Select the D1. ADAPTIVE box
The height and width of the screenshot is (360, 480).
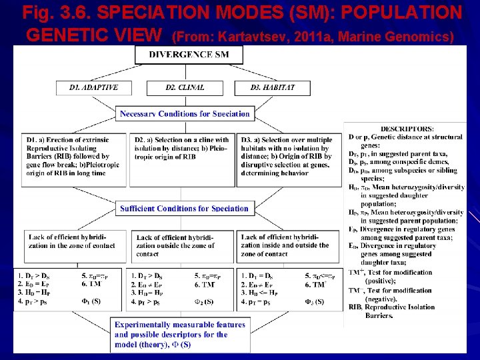pos(93,87)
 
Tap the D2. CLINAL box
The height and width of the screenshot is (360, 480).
pos(185,87)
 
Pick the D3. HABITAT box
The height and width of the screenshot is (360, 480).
pos(272,87)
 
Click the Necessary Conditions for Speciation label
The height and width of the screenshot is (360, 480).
pos(185,114)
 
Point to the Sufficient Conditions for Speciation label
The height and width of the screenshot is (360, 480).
pos(184,209)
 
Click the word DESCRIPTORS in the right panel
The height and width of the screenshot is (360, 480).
pos(407,129)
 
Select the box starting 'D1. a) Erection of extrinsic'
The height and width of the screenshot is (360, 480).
pos(75,157)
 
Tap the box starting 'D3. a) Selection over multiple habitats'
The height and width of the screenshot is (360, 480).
pos(289,157)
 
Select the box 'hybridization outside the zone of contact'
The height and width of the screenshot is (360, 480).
pos(181,245)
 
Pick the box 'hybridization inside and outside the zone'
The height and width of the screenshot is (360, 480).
pos(289,245)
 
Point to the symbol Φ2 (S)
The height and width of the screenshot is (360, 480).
pos(200,302)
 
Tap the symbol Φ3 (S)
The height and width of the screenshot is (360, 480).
pos(311,302)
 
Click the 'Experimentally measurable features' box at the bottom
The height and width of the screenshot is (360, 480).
pos(180,335)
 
